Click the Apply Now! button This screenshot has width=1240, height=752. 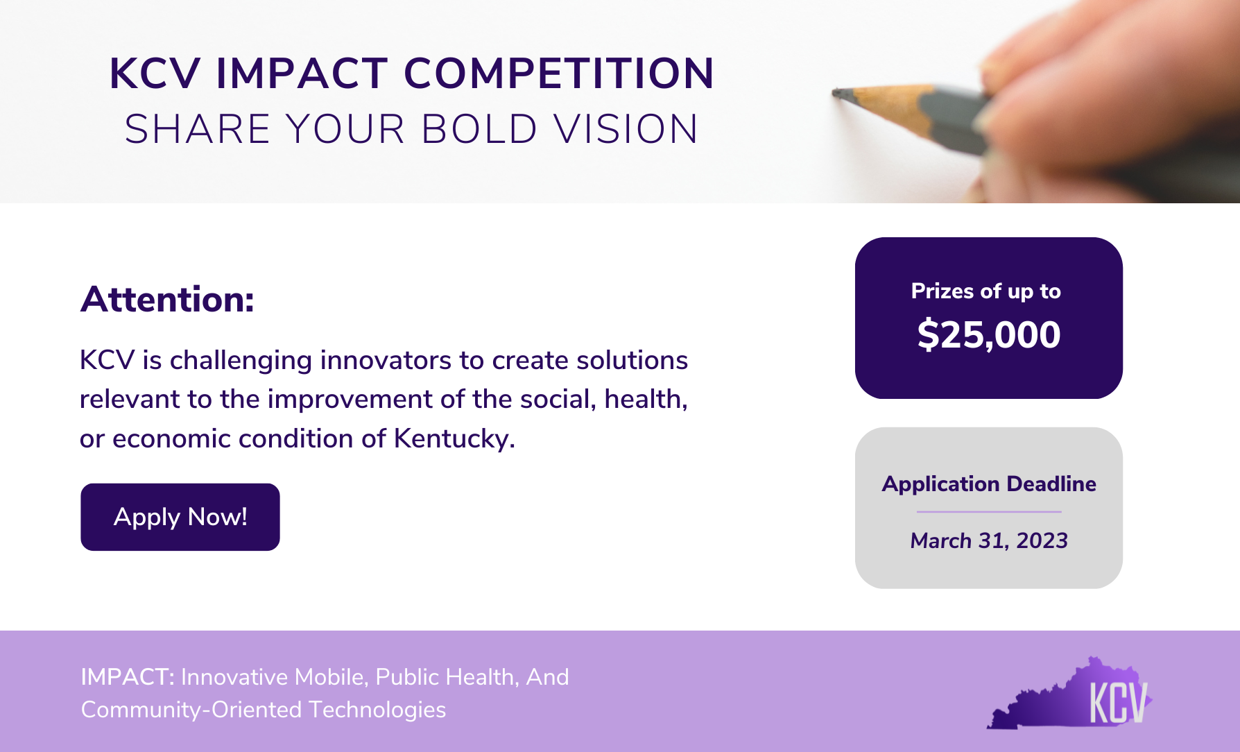(180, 517)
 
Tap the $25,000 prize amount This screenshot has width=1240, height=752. (988, 335)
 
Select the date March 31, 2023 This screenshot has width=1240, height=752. (989, 540)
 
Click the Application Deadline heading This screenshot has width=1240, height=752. (989, 484)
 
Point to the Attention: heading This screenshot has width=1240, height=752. (167, 300)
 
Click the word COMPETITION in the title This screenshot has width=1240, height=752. (559, 74)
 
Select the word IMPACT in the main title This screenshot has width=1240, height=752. (302, 74)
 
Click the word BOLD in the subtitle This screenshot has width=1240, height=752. (479, 130)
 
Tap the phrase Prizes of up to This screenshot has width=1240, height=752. (985, 291)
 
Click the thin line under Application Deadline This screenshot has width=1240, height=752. (989, 512)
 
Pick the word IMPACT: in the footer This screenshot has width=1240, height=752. (128, 677)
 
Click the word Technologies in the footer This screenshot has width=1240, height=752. (377, 710)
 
